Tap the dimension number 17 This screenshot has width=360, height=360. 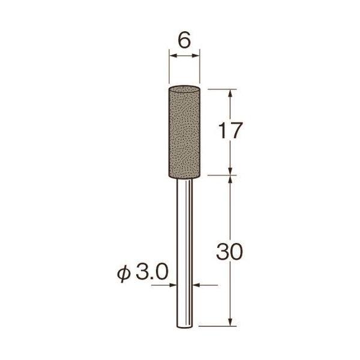tap(230, 130)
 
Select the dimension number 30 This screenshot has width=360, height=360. tap(229, 251)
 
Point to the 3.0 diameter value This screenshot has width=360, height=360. tap(152, 272)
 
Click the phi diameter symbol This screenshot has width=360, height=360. tap(124, 274)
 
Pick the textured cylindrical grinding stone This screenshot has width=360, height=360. tap(184, 132)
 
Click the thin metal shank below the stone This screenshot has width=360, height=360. tap(184, 253)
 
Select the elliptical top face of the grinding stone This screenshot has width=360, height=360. tap(184, 89)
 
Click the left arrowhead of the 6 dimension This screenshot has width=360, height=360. tap(172, 56)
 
